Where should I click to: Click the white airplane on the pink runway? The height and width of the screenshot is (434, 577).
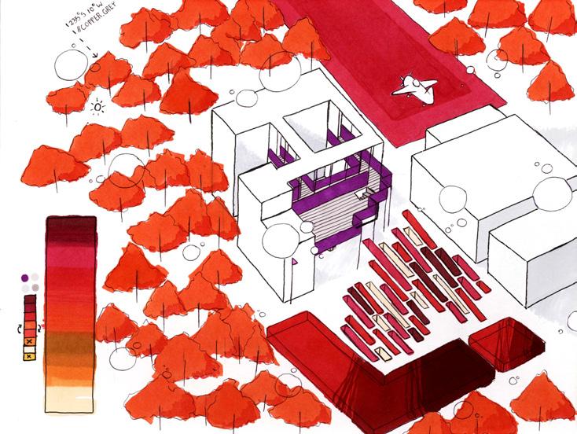point(413,88)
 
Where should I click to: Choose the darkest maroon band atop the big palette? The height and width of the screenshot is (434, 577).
point(70,228)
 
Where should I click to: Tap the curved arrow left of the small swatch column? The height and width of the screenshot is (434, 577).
point(20,323)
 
